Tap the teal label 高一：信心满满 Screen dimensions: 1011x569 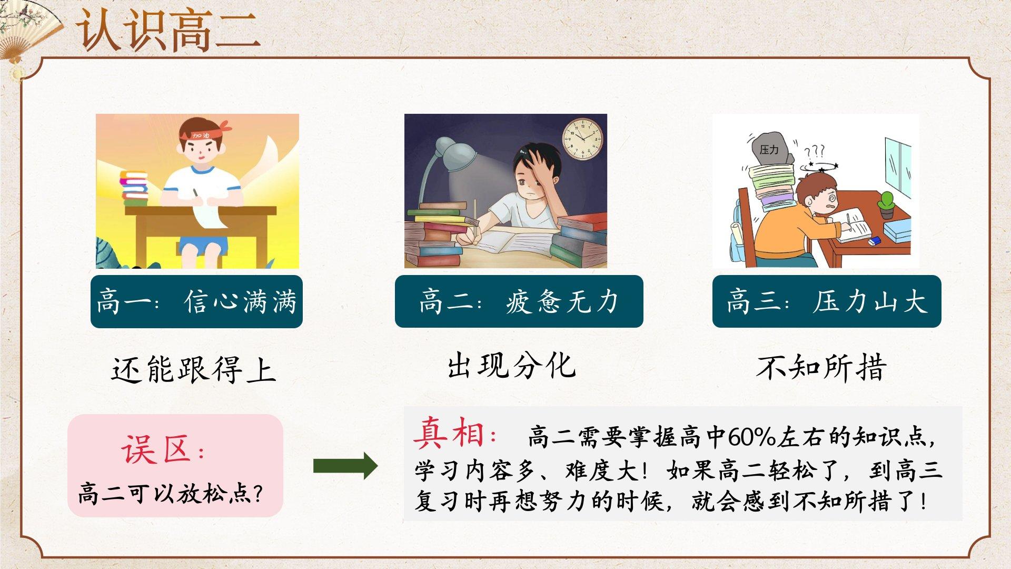point(196,301)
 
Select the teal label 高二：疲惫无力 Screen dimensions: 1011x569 point(519,301)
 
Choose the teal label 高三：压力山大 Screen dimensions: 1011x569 point(827,301)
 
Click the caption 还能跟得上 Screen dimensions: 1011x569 point(194,369)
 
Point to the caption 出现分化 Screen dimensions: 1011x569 point(512,366)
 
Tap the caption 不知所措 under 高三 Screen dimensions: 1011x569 point(821,367)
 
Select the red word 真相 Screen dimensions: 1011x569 point(449,434)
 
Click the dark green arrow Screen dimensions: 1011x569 point(345,466)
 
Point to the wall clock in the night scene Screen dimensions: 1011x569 point(583,138)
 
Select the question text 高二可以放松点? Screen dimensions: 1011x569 point(170,494)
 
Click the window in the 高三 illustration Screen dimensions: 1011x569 point(898,166)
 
